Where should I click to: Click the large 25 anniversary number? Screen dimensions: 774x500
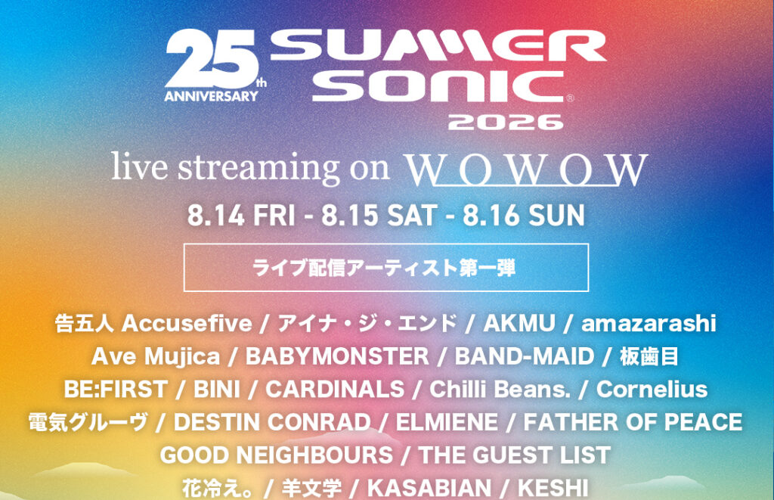point(212,58)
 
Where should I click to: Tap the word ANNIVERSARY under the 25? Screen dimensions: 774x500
point(212,96)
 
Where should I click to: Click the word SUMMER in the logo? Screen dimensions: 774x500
point(438,45)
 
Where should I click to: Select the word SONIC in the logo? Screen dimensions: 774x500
point(438,85)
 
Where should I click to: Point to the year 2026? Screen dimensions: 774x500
point(506,122)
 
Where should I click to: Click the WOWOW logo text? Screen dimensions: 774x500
point(526,169)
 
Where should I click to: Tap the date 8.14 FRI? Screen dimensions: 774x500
point(241,216)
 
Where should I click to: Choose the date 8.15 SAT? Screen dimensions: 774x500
point(379,216)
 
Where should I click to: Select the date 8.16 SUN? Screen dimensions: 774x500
point(524,216)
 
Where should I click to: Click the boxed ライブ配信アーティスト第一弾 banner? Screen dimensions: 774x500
point(386,267)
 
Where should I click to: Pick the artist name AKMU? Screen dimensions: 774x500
point(519,324)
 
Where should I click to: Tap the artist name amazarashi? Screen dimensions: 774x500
point(649,324)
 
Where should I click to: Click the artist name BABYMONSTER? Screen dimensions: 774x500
point(337,357)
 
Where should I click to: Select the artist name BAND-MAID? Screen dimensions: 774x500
point(525,357)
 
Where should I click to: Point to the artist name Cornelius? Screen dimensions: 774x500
point(652,390)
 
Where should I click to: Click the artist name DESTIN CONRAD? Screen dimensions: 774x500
point(272,422)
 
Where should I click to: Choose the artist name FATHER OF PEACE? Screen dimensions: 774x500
point(633,422)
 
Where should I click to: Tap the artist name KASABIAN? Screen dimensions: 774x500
point(429,488)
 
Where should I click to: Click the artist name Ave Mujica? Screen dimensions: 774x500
point(156,357)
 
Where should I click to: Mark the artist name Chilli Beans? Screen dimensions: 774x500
point(500,390)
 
